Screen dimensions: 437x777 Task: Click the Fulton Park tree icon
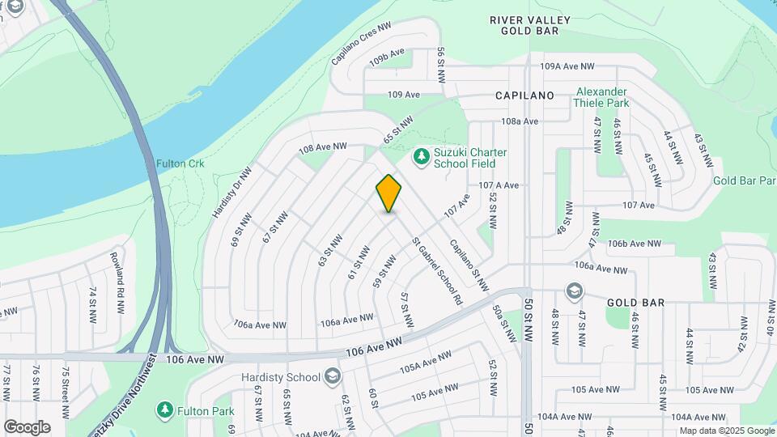pyautogui.click(x=165, y=410)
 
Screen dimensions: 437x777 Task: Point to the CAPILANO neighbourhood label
pyautogui.click(x=524, y=95)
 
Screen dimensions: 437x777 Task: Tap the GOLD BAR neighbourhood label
pyautogui.click(x=635, y=302)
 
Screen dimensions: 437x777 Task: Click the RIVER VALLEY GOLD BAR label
pyautogui.click(x=530, y=25)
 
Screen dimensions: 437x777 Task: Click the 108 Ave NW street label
pyautogui.click(x=322, y=148)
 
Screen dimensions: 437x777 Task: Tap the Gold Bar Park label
pyautogui.click(x=745, y=180)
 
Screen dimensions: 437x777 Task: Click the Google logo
pyautogui.click(x=27, y=427)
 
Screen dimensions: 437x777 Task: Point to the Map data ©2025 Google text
pyautogui.click(x=727, y=431)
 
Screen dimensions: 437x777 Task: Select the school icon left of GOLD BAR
pyautogui.click(x=574, y=291)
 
